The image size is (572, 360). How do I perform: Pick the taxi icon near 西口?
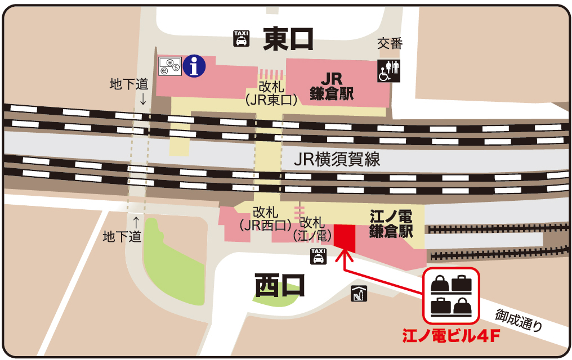(x=318, y=256)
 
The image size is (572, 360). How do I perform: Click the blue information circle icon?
(x=195, y=66)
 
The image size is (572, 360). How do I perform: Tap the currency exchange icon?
(x=169, y=67)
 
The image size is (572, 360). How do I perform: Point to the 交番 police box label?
(x=390, y=44)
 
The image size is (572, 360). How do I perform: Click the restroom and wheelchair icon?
(x=389, y=70)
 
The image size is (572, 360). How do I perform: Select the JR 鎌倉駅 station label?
(x=332, y=86)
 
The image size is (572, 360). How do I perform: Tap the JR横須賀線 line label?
(x=337, y=160)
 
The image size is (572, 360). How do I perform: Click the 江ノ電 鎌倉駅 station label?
(x=391, y=224)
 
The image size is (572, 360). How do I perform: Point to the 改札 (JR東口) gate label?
(x=272, y=93)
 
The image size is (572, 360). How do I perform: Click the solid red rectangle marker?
(x=344, y=235)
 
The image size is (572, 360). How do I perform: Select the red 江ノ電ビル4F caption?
(x=451, y=337)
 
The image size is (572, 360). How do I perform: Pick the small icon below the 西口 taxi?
(x=358, y=293)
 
